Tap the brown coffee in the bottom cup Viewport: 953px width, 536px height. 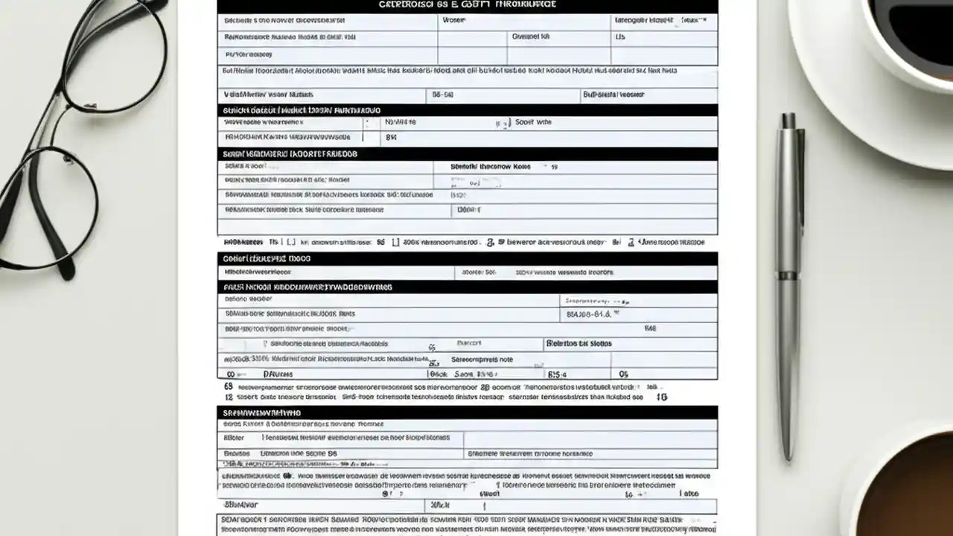click(x=919, y=491)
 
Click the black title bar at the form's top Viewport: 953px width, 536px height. click(x=467, y=5)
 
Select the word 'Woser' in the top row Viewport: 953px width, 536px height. click(x=453, y=21)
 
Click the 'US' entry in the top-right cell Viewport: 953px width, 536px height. click(x=619, y=36)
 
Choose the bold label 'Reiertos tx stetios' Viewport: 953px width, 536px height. click(x=579, y=344)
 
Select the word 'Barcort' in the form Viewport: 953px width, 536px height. click(x=469, y=344)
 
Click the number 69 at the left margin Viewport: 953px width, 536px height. click(x=228, y=387)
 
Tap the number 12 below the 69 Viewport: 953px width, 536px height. click(x=228, y=398)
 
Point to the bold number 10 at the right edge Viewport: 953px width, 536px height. click(x=661, y=398)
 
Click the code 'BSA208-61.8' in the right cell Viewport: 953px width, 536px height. click(x=588, y=315)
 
